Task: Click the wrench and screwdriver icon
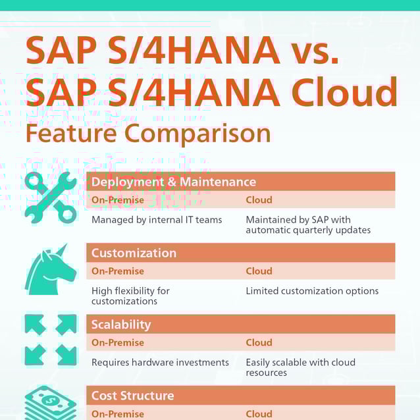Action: [51, 197]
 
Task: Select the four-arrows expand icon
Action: [51, 340]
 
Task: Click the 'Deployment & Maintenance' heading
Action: [174, 182]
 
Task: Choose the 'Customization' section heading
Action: [134, 253]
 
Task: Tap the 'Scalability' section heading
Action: [121, 325]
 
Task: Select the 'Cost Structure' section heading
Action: [133, 396]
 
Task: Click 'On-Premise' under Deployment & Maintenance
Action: [118, 200]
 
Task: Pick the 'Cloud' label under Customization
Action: [259, 271]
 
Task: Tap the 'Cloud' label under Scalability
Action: [259, 342]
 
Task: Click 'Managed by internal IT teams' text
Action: [157, 220]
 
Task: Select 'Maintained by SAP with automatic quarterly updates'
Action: [308, 224]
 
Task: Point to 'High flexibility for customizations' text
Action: [130, 296]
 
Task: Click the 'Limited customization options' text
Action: [312, 291]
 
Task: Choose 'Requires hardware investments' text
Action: [160, 362]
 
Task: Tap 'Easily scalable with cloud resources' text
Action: [300, 367]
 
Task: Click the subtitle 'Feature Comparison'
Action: [148, 133]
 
